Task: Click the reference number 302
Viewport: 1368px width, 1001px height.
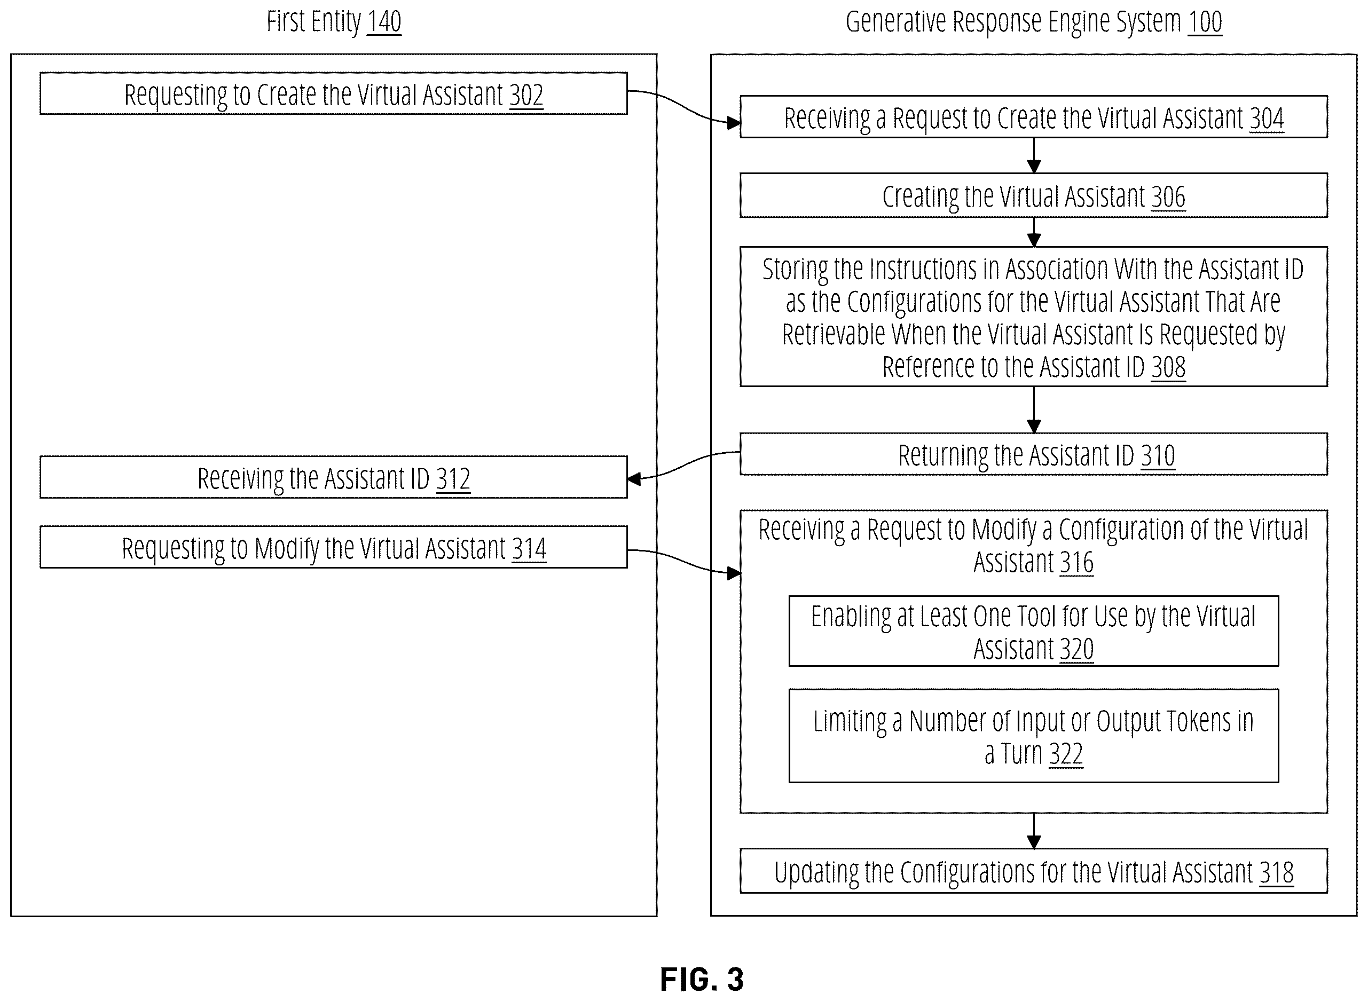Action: [526, 94]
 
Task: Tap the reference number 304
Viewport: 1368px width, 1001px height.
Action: [1267, 118]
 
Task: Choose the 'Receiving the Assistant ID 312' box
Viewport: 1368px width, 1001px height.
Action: [334, 477]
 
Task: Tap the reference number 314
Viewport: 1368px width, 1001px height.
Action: [529, 549]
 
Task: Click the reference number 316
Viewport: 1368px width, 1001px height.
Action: [1076, 562]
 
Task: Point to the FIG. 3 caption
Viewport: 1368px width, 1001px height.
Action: [702, 980]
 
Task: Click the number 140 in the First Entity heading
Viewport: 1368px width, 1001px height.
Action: [384, 22]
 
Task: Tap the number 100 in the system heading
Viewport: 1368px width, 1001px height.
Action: [1205, 22]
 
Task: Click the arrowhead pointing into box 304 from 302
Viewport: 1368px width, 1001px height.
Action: [734, 124]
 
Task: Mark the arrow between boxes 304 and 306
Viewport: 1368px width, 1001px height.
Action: [1034, 156]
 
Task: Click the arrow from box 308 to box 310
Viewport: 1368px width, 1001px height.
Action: [1034, 409]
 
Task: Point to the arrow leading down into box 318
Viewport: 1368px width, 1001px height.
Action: [1034, 831]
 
